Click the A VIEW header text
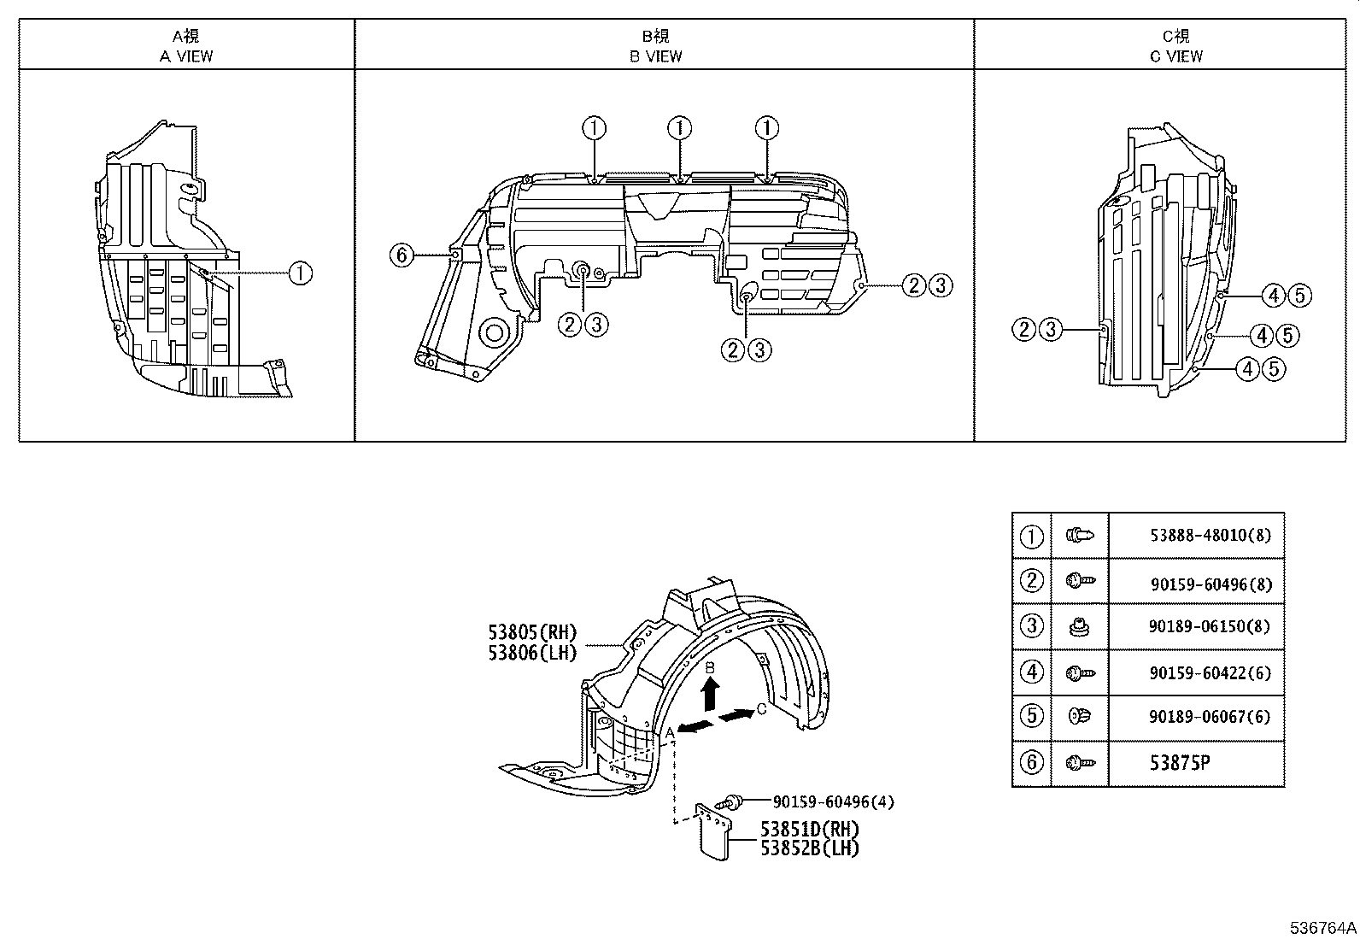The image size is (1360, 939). [x=186, y=56]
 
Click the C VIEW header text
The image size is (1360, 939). [x=1175, y=56]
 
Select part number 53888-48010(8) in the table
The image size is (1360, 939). [x=1210, y=536]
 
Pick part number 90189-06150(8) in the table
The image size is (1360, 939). [x=1210, y=626]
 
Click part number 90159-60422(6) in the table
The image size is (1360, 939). [x=1210, y=672]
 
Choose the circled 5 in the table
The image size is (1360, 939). [x=1032, y=714]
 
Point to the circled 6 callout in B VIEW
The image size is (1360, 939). [x=402, y=255]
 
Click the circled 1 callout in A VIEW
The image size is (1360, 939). [x=300, y=273]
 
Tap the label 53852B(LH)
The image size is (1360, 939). [x=810, y=848]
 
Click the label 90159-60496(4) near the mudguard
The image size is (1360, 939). [x=833, y=801]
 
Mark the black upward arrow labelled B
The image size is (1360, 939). [x=709, y=693]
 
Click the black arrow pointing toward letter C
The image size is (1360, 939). [x=735, y=713]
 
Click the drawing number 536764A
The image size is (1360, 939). [x=1323, y=928]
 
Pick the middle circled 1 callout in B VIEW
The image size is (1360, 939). [x=679, y=129]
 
